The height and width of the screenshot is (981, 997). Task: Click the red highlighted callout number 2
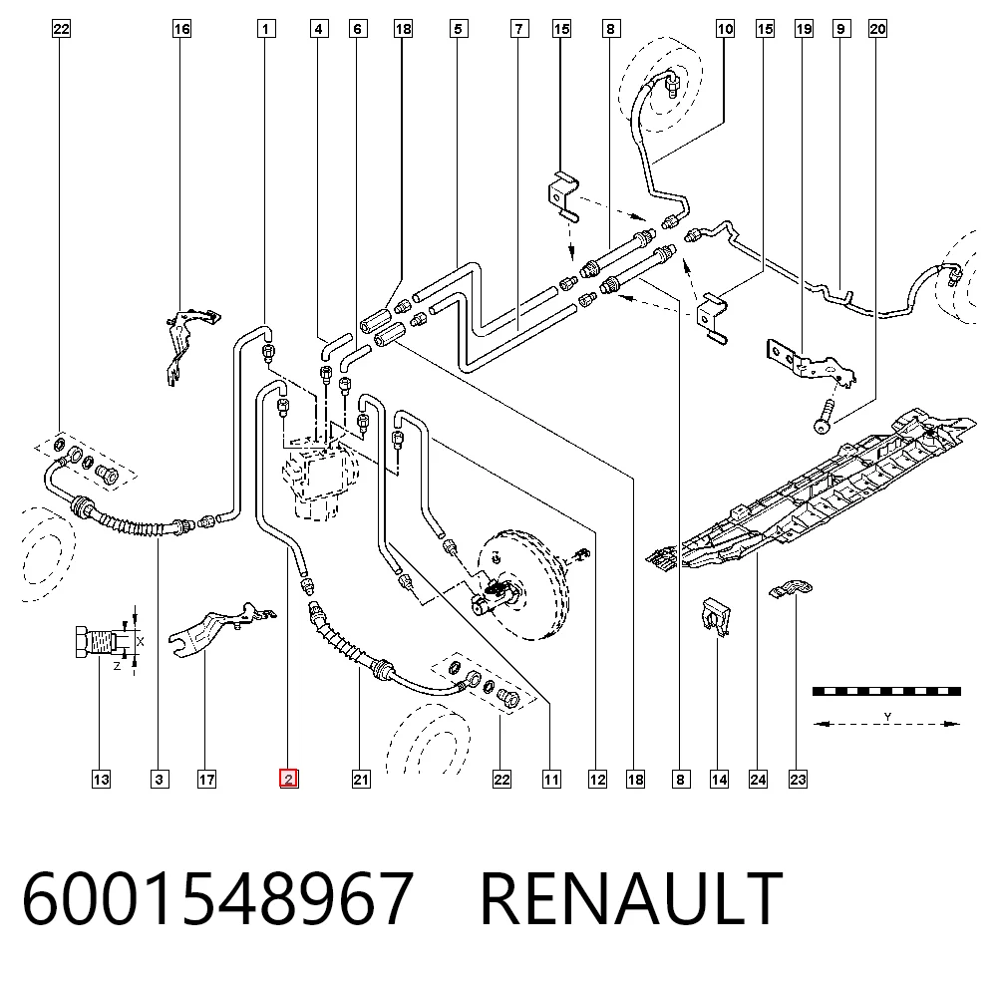coord(289,779)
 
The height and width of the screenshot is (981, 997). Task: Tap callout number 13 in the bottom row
coord(101,779)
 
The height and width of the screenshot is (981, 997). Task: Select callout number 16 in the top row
coord(181,29)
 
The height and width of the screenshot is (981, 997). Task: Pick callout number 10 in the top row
coord(725,29)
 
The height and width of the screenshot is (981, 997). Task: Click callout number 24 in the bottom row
coord(758,779)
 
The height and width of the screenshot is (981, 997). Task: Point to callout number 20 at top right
coord(877,29)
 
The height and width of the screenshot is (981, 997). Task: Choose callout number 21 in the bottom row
coord(361,779)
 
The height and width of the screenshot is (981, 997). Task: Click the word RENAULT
coord(631,898)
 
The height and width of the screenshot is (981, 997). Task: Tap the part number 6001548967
coord(218,898)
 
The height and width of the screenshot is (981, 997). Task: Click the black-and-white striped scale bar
coord(886,691)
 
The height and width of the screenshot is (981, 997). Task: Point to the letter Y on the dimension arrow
coord(887,717)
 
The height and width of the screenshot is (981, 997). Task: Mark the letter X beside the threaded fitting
coord(140,641)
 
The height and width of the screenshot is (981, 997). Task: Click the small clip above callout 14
coord(715,616)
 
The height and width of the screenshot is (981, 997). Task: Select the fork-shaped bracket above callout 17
coord(219,629)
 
